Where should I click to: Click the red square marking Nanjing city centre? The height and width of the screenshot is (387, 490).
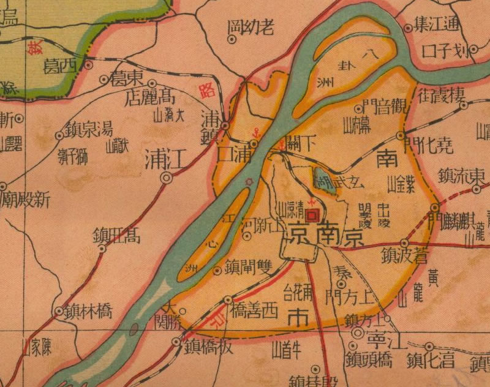312,215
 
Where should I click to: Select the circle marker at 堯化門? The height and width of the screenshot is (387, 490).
401,135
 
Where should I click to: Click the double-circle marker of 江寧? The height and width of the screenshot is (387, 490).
359,332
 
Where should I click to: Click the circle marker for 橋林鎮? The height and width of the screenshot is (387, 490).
59,312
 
